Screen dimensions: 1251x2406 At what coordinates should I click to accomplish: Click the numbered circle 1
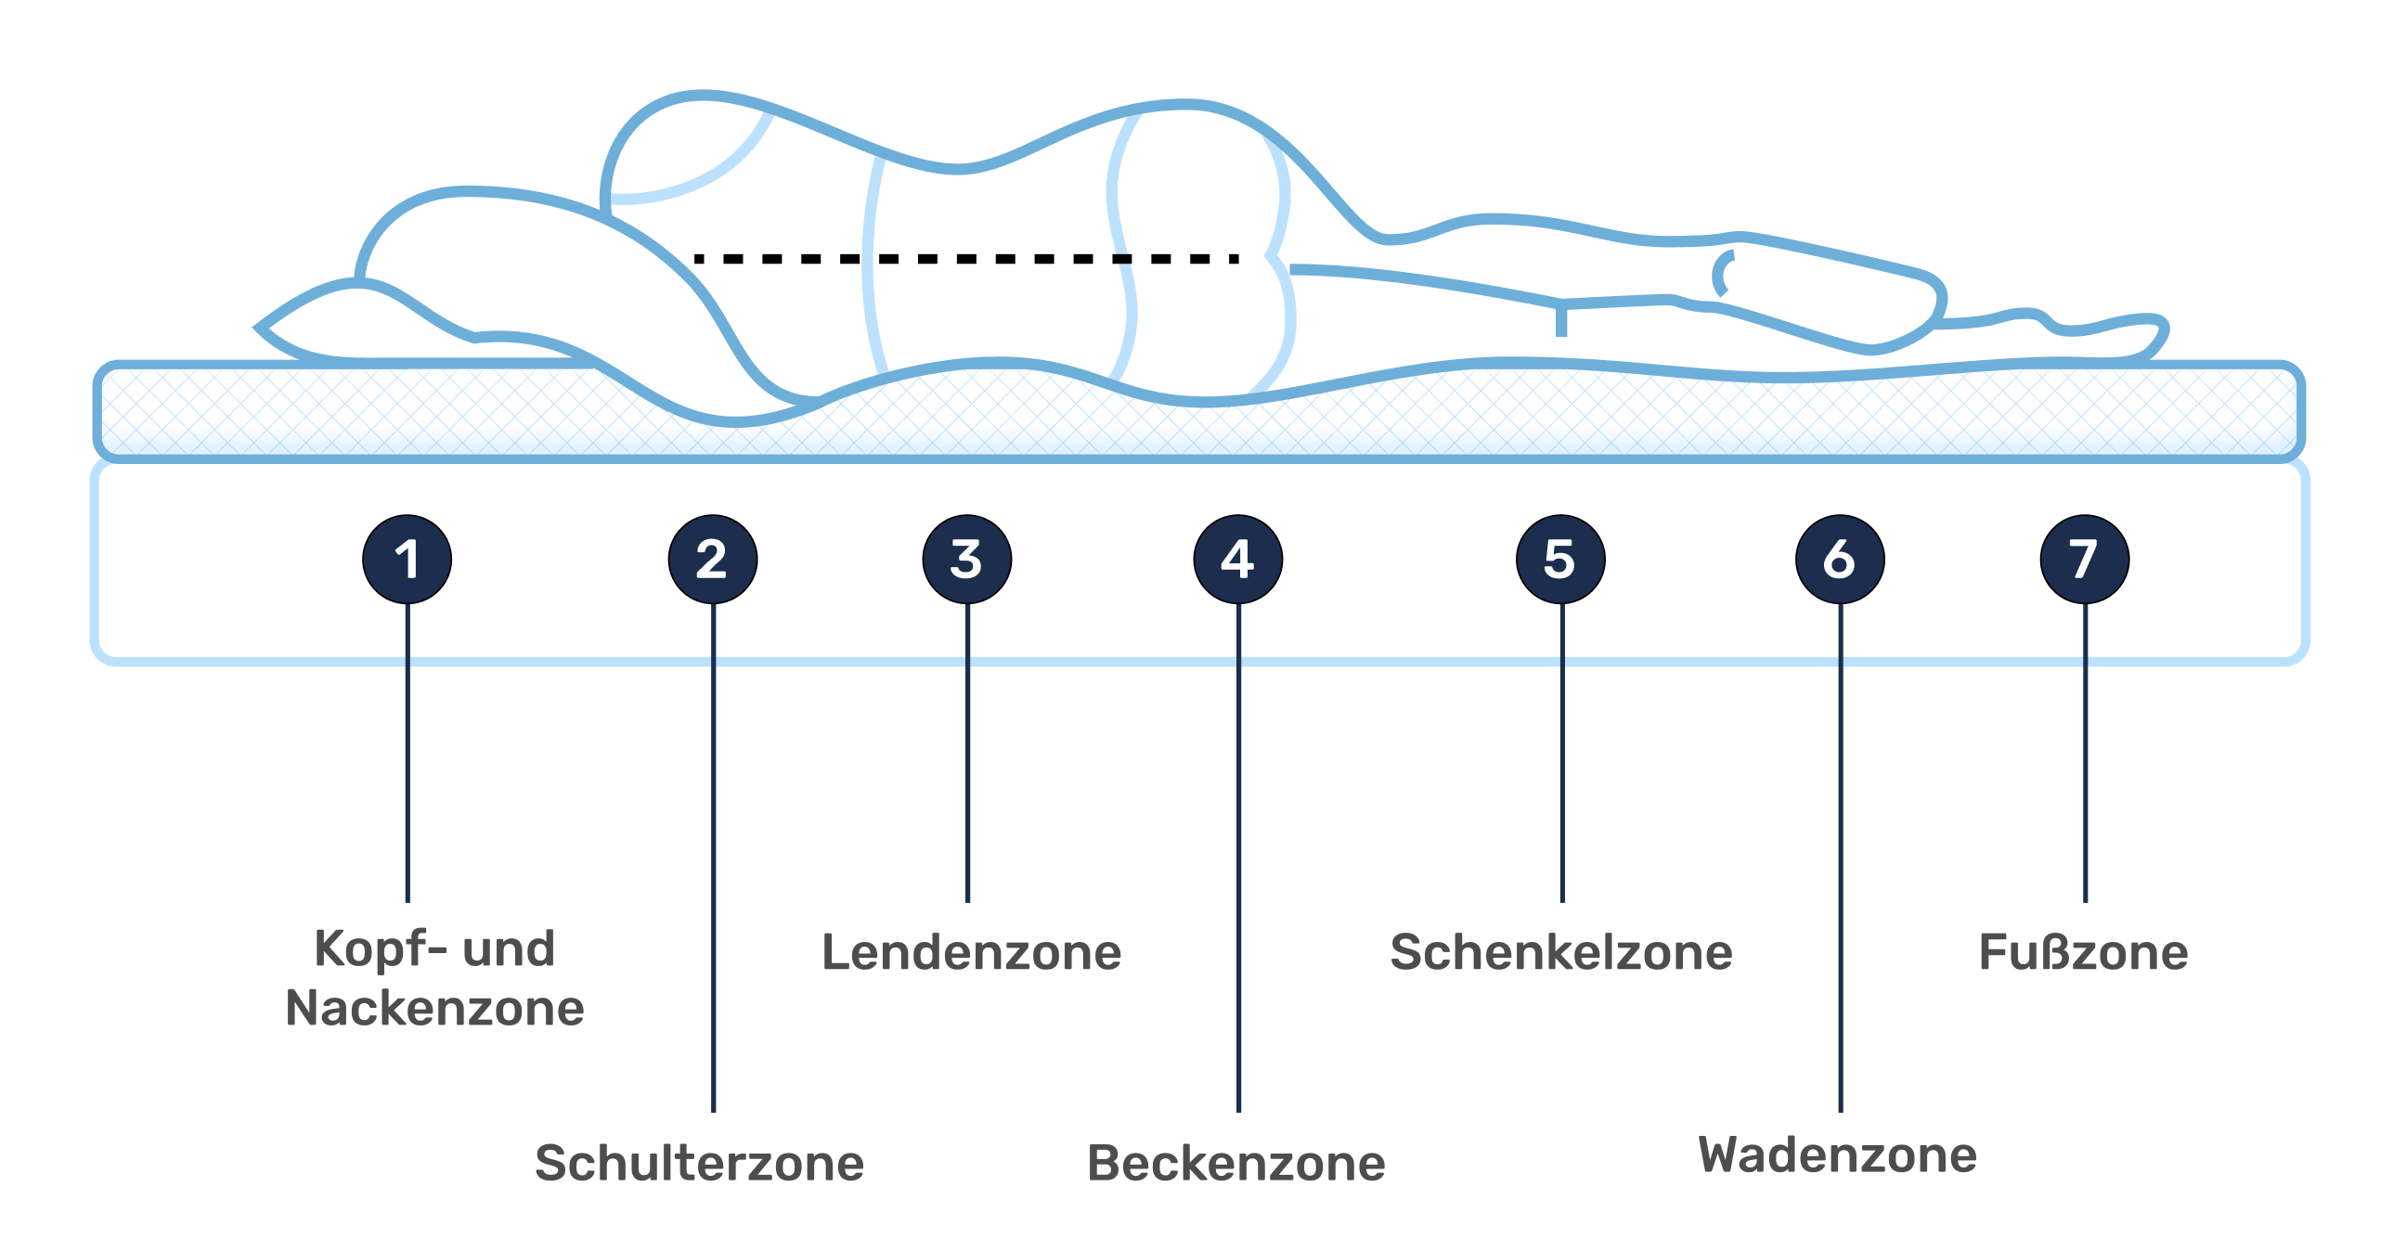(x=407, y=560)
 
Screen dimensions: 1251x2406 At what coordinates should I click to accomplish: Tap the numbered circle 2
(x=713, y=560)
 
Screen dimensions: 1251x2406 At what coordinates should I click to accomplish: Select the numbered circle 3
(x=966, y=560)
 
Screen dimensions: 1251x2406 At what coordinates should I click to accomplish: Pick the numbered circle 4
(x=1237, y=560)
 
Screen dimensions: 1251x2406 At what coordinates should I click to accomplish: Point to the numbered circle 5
(x=1560, y=560)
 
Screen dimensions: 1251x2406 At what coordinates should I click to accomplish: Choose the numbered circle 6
(x=1840, y=560)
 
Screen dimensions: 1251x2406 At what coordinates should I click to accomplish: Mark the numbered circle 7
(x=2085, y=560)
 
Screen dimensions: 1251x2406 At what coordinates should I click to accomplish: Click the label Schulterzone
(x=700, y=1163)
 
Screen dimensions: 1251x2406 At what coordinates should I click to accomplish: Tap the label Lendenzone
(x=971, y=952)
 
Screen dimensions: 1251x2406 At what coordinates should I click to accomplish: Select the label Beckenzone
(x=1235, y=1163)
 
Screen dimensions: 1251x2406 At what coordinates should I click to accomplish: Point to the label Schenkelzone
(x=1560, y=952)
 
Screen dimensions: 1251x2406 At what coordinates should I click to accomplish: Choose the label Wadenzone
(x=1837, y=1154)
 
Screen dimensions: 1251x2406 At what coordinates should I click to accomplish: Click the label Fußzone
(x=2083, y=952)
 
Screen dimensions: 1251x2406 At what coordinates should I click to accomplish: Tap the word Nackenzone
(x=435, y=1008)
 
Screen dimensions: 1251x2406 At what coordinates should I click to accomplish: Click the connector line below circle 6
(x=1840, y=858)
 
